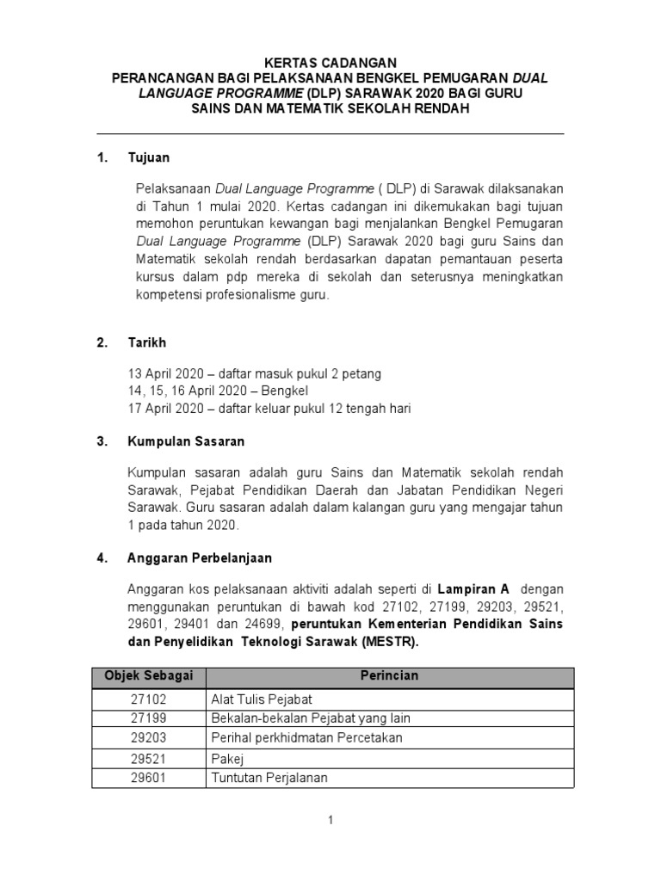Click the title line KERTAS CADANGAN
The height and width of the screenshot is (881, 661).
pyautogui.click(x=330, y=62)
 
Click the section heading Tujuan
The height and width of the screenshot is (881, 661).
pyautogui.click(x=149, y=158)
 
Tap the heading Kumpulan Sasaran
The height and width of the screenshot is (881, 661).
pyautogui.click(x=186, y=441)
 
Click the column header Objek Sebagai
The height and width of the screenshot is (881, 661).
pyautogui.click(x=147, y=675)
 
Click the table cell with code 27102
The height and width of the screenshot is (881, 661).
pyautogui.click(x=147, y=698)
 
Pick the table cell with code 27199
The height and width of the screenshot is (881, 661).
pyautogui.click(x=147, y=718)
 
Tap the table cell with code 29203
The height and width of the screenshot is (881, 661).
pyautogui.click(x=147, y=737)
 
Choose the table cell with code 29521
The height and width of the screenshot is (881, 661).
pyautogui.click(x=147, y=758)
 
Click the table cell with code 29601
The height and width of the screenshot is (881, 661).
pyautogui.click(x=147, y=778)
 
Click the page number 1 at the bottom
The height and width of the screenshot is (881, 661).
pyautogui.click(x=330, y=821)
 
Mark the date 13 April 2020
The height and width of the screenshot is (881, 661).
pyautogui.click(x=164, y=374)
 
